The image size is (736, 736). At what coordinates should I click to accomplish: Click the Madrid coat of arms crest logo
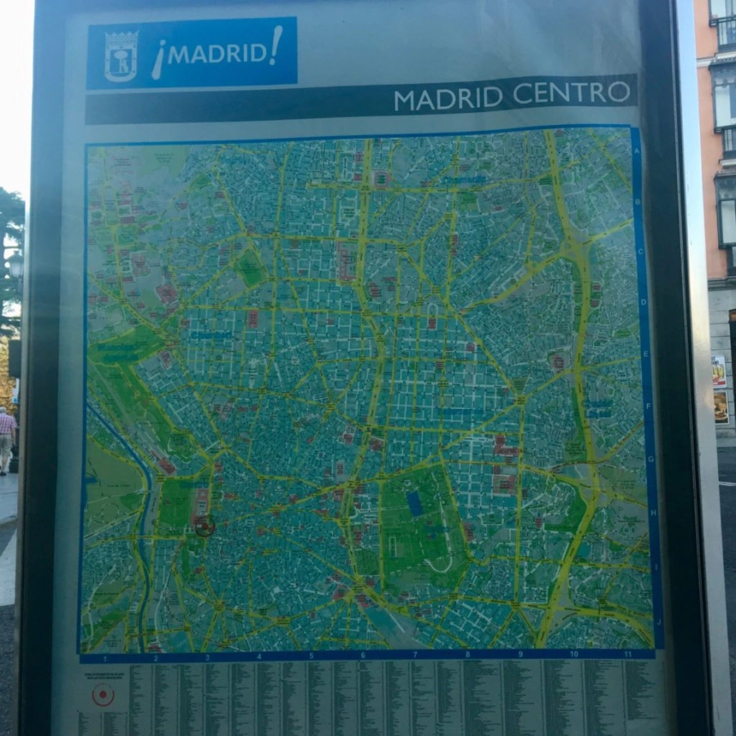121,56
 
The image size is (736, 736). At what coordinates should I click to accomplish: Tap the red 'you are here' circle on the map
204,527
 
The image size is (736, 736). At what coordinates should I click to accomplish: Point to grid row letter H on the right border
652,513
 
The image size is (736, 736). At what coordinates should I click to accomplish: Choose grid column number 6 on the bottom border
362,656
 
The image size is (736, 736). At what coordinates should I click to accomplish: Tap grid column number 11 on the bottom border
628,653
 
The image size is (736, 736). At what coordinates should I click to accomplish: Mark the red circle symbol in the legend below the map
103,695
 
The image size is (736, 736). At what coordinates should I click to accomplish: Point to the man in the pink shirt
7,438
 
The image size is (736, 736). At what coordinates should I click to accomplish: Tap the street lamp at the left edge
15,263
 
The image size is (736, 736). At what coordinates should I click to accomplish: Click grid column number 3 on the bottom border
207,657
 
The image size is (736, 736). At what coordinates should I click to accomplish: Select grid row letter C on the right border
641,252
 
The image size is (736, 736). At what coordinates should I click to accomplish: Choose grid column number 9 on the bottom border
520,654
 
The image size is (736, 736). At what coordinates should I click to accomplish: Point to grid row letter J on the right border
657,621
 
